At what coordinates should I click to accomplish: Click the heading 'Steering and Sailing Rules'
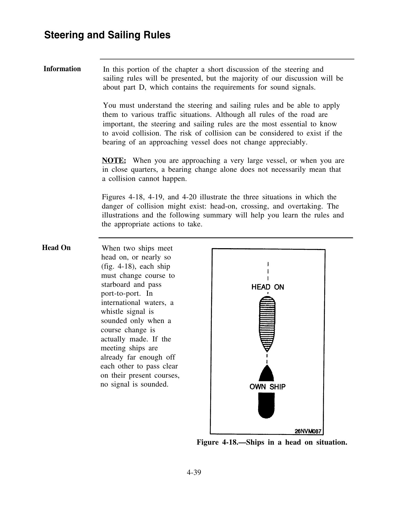107,35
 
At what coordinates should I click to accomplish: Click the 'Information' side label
62,69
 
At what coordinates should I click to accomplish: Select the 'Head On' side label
56,248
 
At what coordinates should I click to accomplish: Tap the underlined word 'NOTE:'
114,160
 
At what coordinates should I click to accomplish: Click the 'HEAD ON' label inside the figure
268,287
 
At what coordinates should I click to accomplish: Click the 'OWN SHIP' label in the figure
267,387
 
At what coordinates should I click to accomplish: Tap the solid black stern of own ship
266,405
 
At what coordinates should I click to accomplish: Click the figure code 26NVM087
308,431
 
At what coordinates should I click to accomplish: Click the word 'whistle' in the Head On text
112,312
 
